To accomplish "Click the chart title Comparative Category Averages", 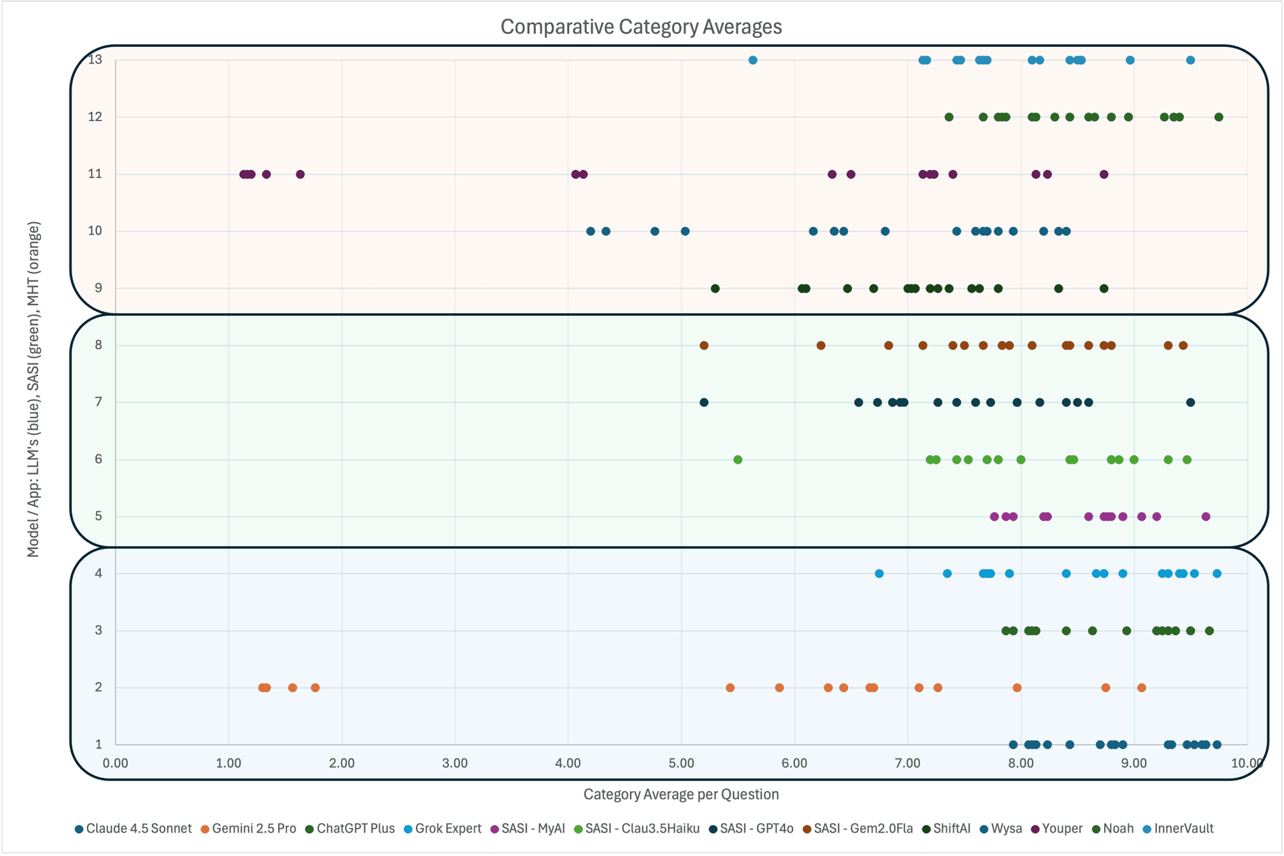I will [641, 27].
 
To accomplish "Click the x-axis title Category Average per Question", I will [681, 794].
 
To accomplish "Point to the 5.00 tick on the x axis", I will [681, 763].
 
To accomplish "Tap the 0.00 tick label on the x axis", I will [116, 763].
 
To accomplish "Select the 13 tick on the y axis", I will [96, 60].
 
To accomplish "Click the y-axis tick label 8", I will [98, 345].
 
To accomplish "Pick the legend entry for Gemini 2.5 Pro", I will [253, 829].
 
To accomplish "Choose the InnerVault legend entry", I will [1183, 829].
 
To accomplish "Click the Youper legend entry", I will [1061, 829].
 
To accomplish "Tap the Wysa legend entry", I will [1006, 829].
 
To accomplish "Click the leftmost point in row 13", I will [753, 60].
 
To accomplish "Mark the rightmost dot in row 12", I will [1218, 117].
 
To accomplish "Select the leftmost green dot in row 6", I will [738, 460].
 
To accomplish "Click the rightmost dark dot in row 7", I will [1190, 402].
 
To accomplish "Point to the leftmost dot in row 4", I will [879, 574].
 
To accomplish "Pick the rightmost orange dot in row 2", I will [1142, 688].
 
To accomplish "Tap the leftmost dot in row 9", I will [715, 288].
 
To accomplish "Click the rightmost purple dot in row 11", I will [1104, 175].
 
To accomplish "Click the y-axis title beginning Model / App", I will [33, 389].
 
